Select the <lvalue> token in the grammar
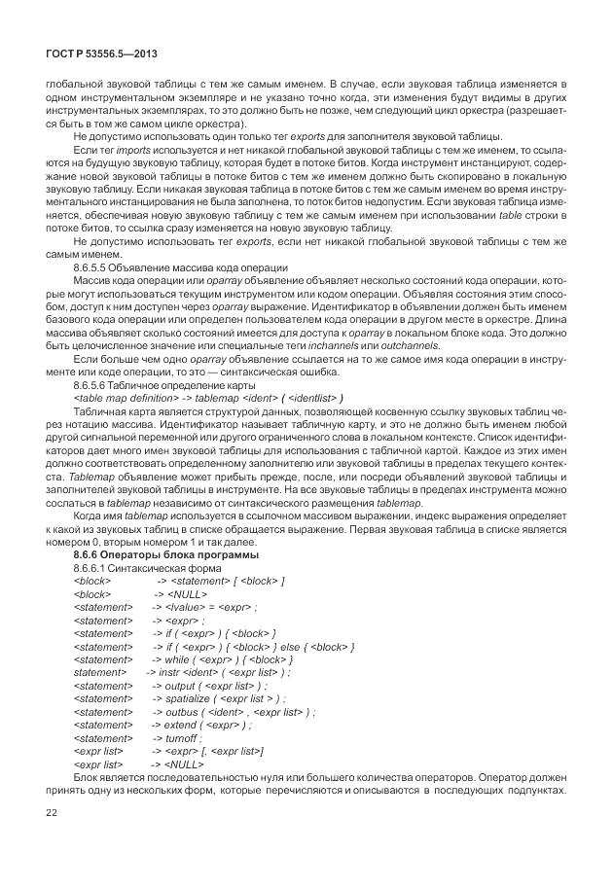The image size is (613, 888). pos(186,606)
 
